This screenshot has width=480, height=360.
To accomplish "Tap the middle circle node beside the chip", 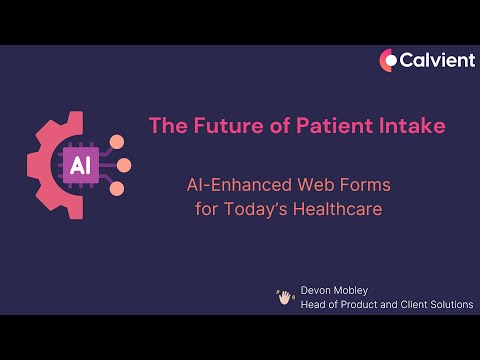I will tap(125, 165).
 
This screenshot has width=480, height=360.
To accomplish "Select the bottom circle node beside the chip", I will tap(117, 188).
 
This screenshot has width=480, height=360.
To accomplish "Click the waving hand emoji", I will tap(285, 296).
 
